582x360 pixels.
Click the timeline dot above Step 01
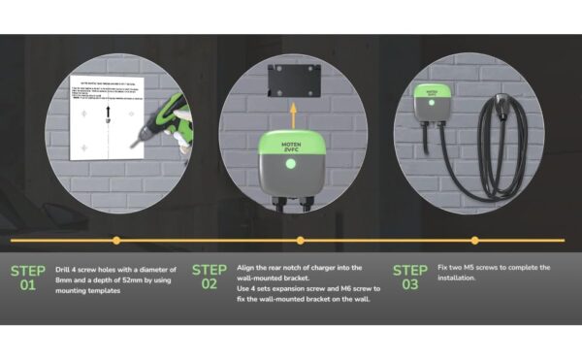coord(116,240)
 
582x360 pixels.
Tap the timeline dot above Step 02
coord(301,240)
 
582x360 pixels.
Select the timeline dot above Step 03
coord(474,240)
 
